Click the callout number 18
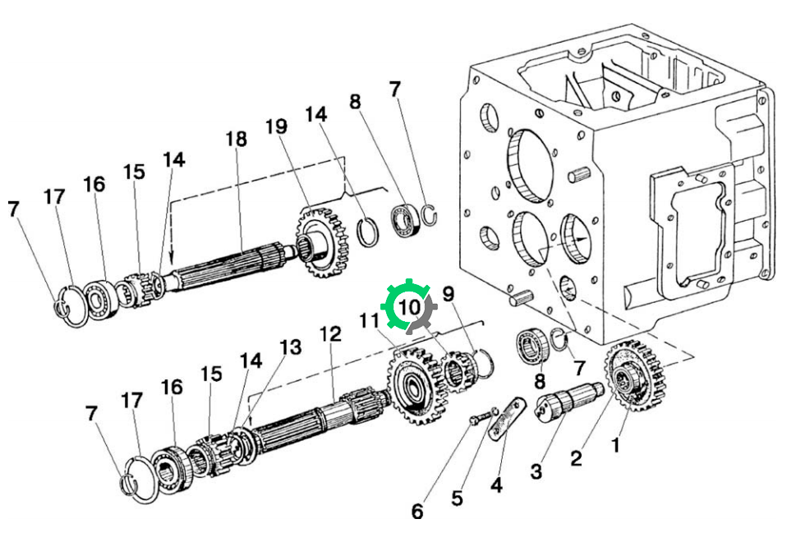point(237,139)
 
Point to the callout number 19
point(277,126)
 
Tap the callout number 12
point(331,333)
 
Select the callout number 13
point(291,347)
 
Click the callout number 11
point(370,320)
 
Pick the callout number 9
point(449,294)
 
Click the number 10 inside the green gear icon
point(409,306)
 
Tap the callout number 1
point(615,444)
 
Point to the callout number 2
point(576,458)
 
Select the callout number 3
point(536,471)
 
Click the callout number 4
point(496,485)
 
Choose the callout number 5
point(457,498)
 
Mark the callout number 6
point(417,512)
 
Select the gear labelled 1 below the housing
point(634,374)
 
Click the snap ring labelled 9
point(484,363)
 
